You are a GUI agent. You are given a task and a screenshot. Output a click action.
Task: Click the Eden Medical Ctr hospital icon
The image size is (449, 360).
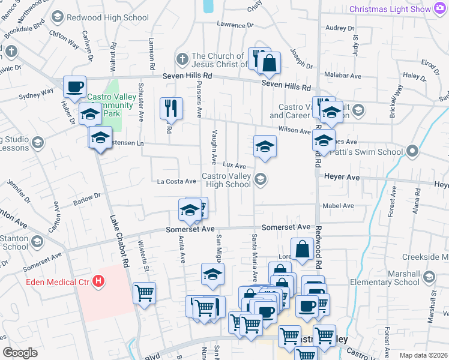pos(99,281)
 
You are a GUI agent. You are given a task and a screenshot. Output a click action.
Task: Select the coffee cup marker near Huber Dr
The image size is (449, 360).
pos(75,86)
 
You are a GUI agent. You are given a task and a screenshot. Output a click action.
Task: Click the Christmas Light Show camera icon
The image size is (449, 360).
pos(441,8)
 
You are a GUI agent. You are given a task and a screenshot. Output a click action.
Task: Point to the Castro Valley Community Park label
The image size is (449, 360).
pos(104,105)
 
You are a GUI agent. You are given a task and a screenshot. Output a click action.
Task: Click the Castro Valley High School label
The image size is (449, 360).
pos(226,180)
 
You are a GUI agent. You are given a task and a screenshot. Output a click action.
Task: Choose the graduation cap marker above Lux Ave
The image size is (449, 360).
pos(264,146)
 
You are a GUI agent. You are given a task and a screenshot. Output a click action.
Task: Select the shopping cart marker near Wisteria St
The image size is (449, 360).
pos(144,293)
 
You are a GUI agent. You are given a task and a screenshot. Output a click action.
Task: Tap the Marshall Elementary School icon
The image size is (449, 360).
pos(429,277)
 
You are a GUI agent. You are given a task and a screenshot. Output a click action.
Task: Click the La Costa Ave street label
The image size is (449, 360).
pos(176,181)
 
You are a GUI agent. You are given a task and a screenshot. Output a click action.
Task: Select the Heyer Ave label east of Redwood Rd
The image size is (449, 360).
pos(342,178)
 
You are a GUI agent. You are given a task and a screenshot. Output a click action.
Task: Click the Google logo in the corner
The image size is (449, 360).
pos(20,353)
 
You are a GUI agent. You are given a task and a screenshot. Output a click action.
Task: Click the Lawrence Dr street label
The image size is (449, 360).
pos(235,25)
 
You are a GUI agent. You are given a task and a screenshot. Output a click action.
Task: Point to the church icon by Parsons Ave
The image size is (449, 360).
pos(182,60)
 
